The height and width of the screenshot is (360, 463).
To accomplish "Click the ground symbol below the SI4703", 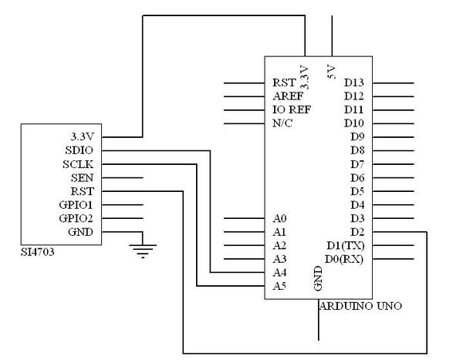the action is click(143, 251).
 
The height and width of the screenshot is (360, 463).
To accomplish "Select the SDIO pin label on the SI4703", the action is click(79, 150).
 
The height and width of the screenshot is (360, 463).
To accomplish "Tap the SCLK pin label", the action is click(78, 164).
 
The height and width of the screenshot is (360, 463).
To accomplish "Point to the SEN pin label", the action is click(82, 178).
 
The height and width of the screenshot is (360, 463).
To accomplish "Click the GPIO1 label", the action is click(76, 205).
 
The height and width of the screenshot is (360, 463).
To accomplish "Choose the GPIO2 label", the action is click(76, 218).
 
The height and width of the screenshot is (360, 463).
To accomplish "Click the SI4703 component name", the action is click(38, 252).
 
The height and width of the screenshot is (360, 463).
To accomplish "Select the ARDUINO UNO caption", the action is click(360, 306).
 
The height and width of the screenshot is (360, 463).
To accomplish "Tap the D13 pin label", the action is click(353, 83).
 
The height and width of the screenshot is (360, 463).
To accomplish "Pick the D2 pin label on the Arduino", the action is click(357, 232).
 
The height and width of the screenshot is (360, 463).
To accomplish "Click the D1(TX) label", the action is click(346, 245).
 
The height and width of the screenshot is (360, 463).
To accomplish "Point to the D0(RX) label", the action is click(344, 259).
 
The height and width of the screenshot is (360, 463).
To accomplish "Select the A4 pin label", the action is click(279, 273).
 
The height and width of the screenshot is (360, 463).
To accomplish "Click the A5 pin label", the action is click(279, 286).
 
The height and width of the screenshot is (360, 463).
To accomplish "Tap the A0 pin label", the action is click(279, 218).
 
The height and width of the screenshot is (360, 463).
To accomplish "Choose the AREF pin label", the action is click(288, 96).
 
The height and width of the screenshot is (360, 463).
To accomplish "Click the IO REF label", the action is click(292, 109).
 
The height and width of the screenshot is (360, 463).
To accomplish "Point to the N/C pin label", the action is click(282, 123).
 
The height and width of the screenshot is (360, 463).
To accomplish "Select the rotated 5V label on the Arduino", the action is click(332, 72).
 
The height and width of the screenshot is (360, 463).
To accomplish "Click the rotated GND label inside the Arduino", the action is click(318, 278).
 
